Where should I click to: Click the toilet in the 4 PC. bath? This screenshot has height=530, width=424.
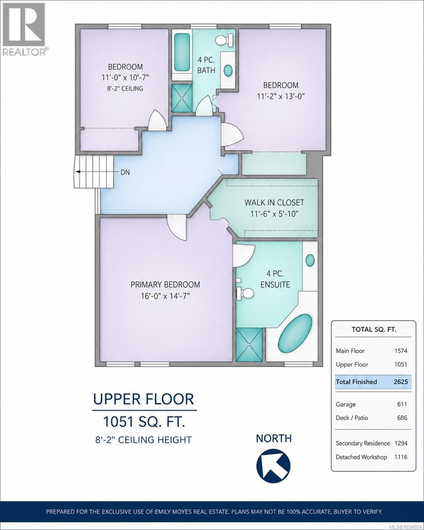pyautogui.click(x=224, y=40)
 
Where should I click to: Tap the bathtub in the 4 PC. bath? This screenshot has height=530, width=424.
pyautogui.click(x=182, y=52)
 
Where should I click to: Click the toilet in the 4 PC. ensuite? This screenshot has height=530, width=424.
pyautogui.click(x=245, y=293)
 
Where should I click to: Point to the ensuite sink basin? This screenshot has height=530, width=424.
pyautogui.click(x=310, y=260)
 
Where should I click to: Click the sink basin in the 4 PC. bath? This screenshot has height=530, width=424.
pyautogui.click(x=228, y=71)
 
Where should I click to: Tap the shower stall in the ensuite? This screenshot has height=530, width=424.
pyautogui.click(x=249, y=344)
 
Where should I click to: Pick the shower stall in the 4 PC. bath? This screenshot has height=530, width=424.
pyautogui.click(x=182, y=98)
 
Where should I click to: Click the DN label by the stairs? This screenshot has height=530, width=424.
pyautogui.click(x=125, y=172)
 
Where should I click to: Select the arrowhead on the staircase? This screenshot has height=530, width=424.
pyautogui.click(x=78, y=172)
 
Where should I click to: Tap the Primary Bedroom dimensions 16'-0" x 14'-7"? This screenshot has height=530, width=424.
pyautogui.click(x=165, y=296)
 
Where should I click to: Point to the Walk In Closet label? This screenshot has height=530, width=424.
pyautogui.click(x=274, y=202)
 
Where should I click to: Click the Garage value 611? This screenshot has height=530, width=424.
pyautogui.click(x=402, y=404)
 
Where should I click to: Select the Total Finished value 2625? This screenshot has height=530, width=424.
pyautogui.click(x=401, y=382)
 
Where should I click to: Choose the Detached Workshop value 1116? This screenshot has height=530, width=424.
pyautogui.click(x=401, y=457)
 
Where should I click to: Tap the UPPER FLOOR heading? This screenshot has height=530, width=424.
pyautogui.click(x=144, y=399)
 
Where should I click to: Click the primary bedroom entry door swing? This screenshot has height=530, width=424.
pyautogui.click(x=177, y=227)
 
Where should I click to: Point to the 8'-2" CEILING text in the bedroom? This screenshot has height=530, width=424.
pyautogui.click(x=125, y=88)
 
